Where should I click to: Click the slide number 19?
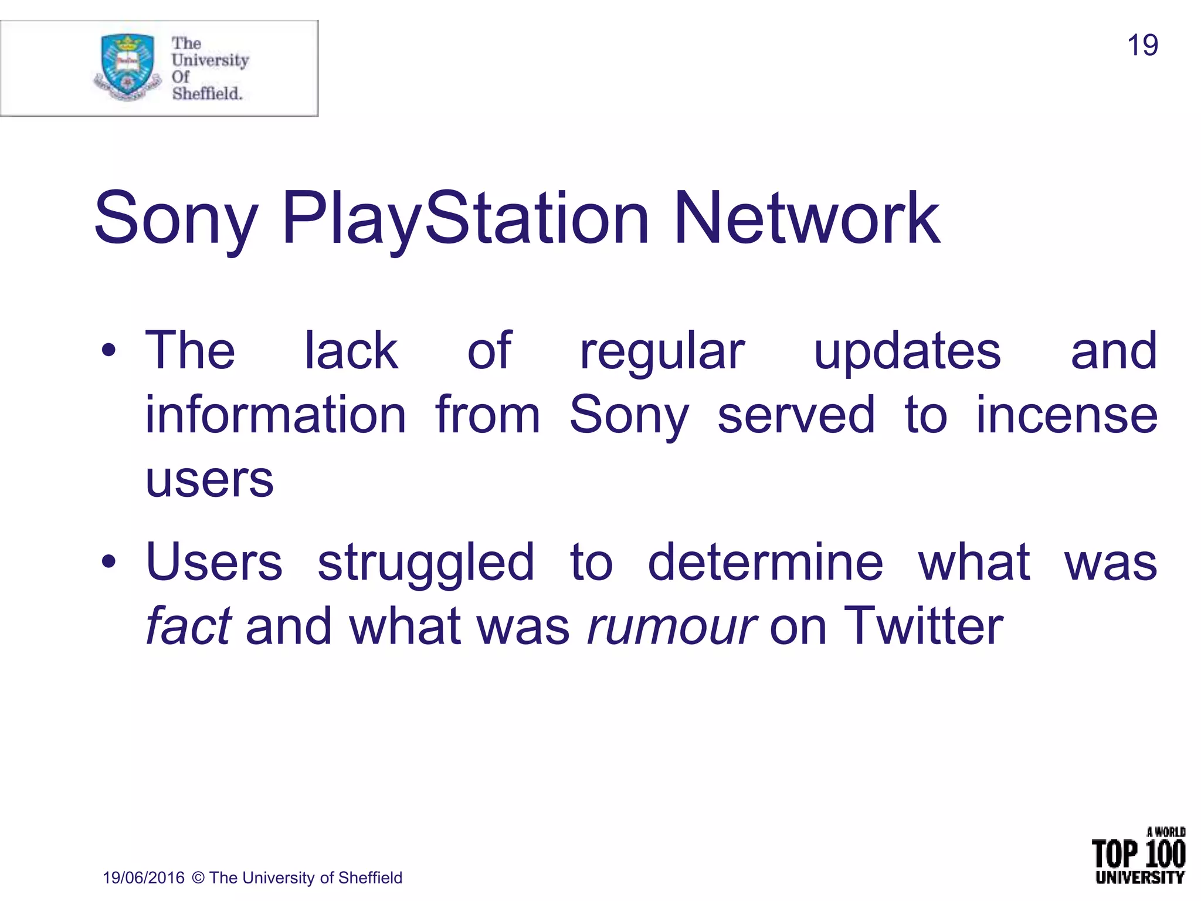pyautogui.click(x=1142, y=46)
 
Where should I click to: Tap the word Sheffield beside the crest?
pyautogui.click(x=207, y=93)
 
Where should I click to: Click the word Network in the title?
pyautogui.click(x=807, y=218)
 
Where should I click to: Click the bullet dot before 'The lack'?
pyautogui.click(x=108, y=351)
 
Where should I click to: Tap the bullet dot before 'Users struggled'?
pyautogui.click(x=108, y=562)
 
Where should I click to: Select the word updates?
pyautogui.click(x=907, y=352)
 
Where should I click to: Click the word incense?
pyautogui.click(x=1066, y=415)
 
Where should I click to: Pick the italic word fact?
pyautogui.click(x=188, y=626)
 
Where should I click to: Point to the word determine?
pyautogui.click(x=765, y=562)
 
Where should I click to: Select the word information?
pyautogui.click(x=276, y=415)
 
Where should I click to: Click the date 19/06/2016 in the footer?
pyautogui.click(x=144, y=878)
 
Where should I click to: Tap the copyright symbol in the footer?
pyautogui.click(x=198, y=878)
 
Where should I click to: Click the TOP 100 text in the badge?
pyautogui.click(x=1138, y=854)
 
